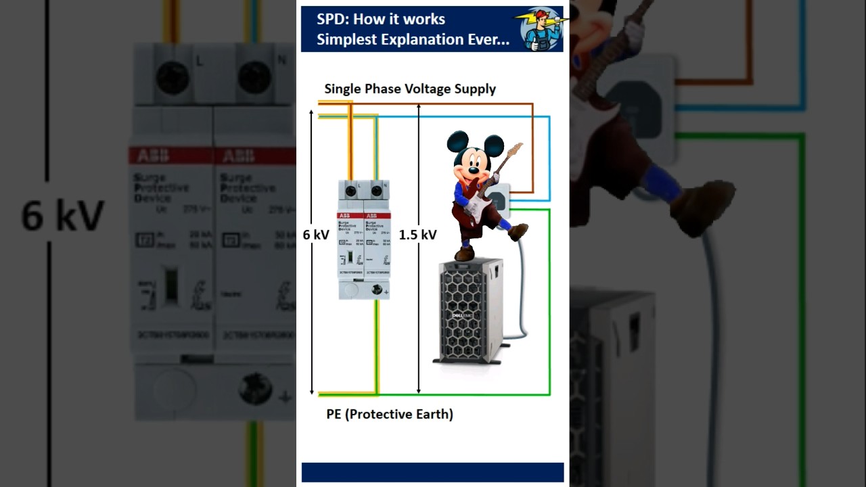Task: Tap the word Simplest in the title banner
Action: click(346, 39)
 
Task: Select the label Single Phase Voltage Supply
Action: click(410, 89)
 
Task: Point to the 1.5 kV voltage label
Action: click(417, 235)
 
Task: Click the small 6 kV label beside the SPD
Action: click(316, 235)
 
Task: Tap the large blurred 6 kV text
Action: click(62, 216)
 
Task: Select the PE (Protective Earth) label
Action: click(390, 414)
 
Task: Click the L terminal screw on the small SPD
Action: click(351, 191)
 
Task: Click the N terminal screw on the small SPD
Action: click(376, 191)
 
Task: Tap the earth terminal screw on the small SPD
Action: click(376, 290)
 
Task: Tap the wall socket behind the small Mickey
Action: click(499, 200)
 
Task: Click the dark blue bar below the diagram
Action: click(432, 472)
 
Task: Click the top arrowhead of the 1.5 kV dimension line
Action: click(419, 107)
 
